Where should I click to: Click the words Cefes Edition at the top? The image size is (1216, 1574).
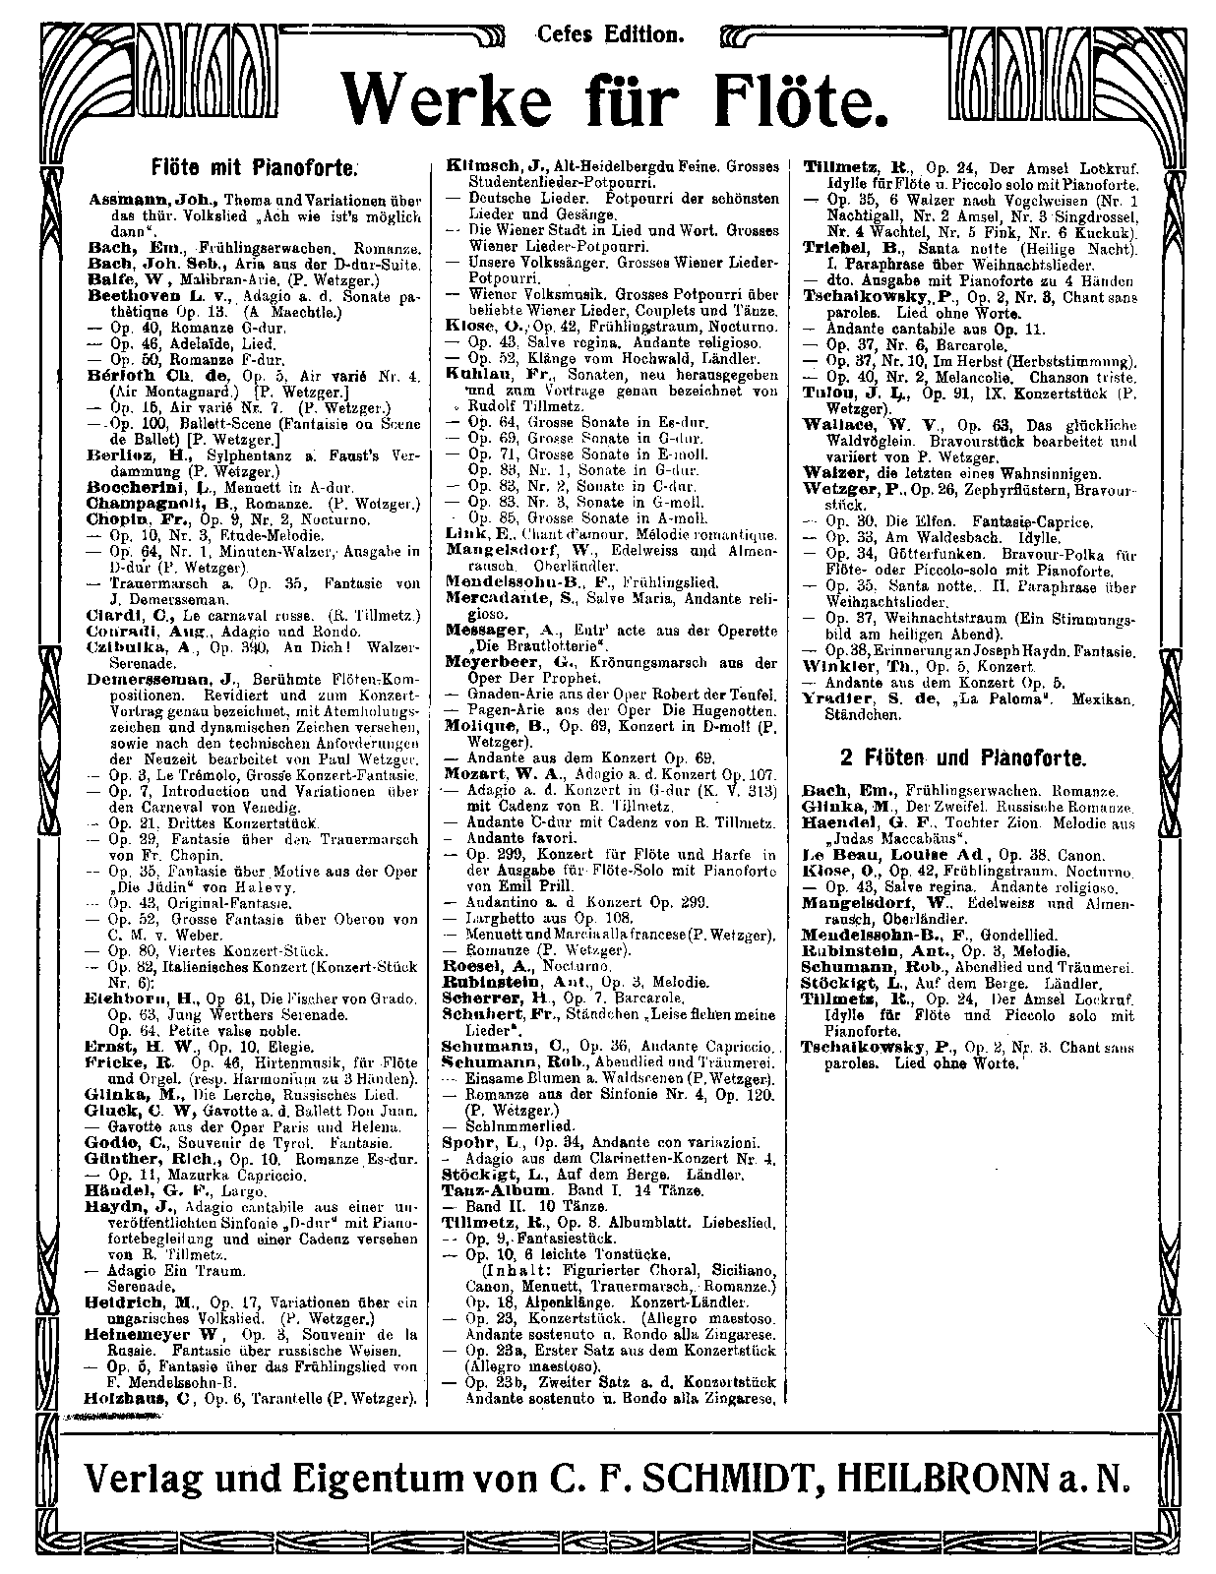click(x=609, y=35)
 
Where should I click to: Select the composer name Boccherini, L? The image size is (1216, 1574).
click(x=141, y=486)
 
